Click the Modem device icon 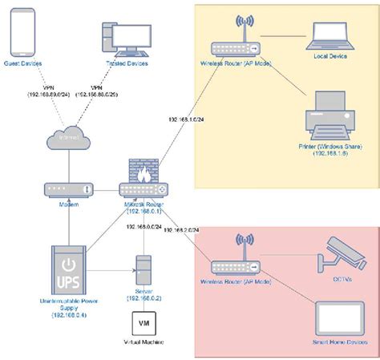pos(68,189)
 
